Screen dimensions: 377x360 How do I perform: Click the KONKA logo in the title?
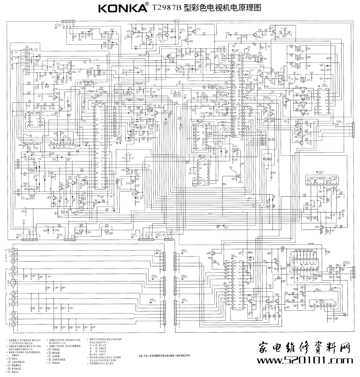[122, 8]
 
